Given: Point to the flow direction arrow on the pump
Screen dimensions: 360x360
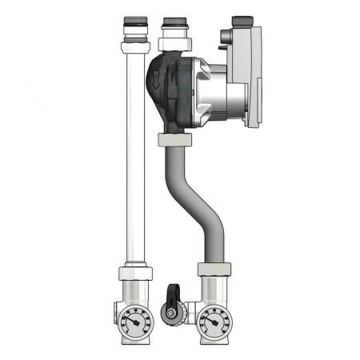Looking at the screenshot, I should (x=155, y=78).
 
